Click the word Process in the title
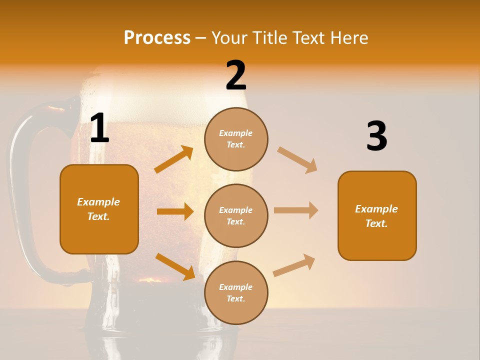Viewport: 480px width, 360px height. point(157,37)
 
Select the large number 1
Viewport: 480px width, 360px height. point(99,128)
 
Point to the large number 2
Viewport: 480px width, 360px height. point(236,75)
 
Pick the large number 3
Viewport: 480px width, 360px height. point(376,136)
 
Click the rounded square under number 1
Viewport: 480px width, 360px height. point(99,209)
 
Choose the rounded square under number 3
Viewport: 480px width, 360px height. point(377,215)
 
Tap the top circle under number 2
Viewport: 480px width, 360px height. point(236,139)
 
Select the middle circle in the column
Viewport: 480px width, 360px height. point(236,215)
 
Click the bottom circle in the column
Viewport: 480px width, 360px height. point(236,292)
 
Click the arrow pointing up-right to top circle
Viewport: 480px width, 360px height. point(174,159)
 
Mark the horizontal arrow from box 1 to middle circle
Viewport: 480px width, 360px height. point(175,211)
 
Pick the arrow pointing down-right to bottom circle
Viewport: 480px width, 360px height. point(175,266)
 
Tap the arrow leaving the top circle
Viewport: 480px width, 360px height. point(297,159)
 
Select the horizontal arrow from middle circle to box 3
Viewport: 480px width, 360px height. point(296,210)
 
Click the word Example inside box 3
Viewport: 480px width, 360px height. point(376,209)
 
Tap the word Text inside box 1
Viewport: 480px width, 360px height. point(98,216)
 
